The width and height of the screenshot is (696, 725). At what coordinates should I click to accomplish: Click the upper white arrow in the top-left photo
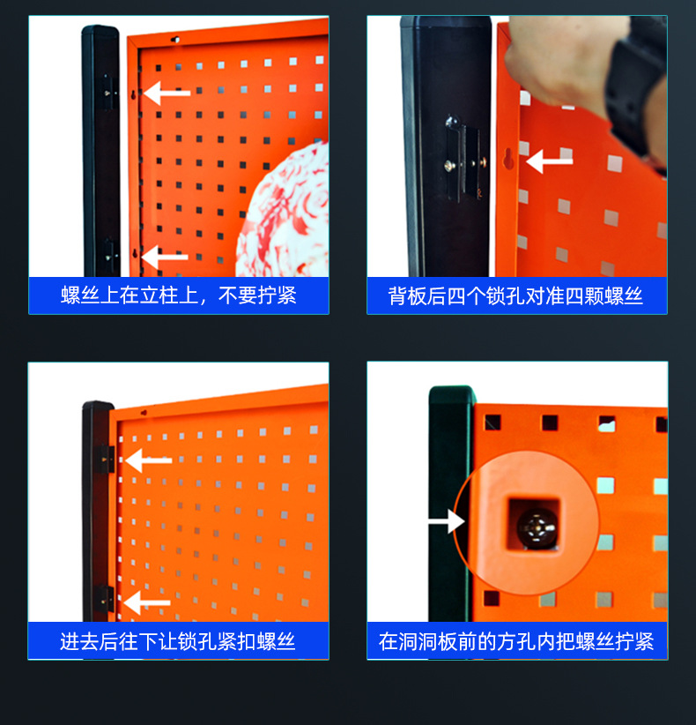pos(167,93)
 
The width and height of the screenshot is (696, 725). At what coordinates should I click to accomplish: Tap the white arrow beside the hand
pos(549,161)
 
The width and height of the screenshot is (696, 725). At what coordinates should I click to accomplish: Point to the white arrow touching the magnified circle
pos(447,521)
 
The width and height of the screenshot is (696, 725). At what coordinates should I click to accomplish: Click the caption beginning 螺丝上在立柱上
pos(179,295)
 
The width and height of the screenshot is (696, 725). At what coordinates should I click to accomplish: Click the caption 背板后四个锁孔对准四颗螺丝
pos(516,295)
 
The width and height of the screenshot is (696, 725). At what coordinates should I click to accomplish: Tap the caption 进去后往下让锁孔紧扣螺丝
pos(178,641)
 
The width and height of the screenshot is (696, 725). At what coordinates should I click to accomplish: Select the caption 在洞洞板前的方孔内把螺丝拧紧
pos(516,641)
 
